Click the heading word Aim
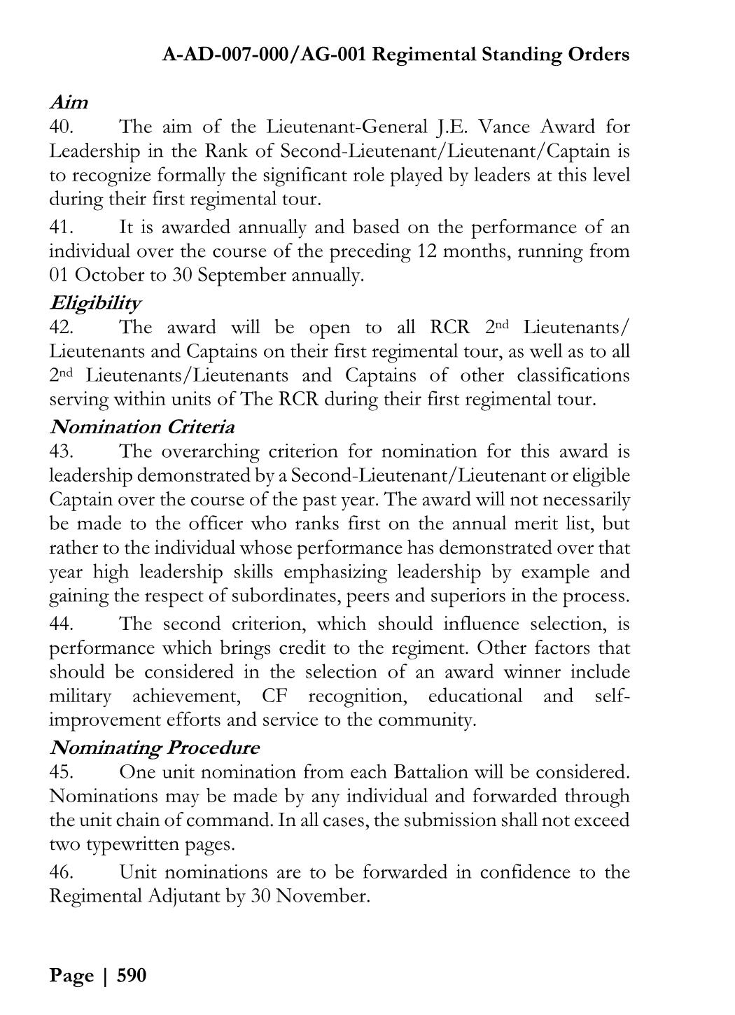tap(69, 102)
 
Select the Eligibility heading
tap(94, 303)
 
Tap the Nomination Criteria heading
tap(142, 427)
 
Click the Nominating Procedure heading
tap(154, 748)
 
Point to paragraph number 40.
tap(62, 127)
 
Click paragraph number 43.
tap(62, 451)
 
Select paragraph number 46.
tap(62, 872)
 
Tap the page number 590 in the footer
tap(132, 975)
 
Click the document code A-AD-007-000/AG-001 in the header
tap(264, 55)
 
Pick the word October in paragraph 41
tap(108, 275)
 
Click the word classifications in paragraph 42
tap(573, 375)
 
